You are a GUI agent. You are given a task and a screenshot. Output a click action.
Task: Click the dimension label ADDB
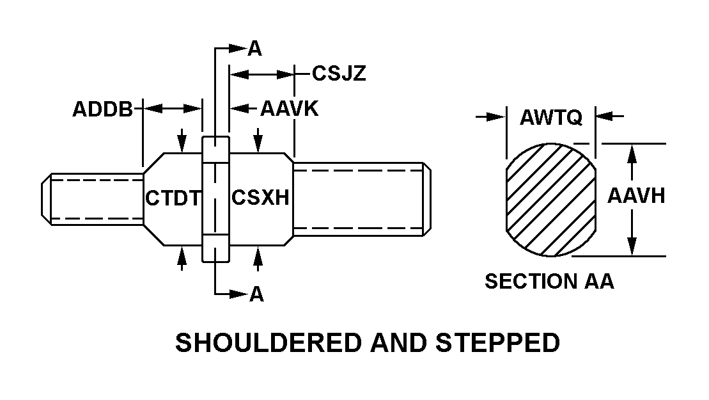coord(102,109)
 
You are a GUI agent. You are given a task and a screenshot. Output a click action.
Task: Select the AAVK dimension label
coord(289,109)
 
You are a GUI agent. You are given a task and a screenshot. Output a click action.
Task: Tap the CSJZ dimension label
coord(339,74)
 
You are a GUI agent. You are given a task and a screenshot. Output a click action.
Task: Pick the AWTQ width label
coord(550,117)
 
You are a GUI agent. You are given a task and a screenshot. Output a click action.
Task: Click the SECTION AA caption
coord(549,282)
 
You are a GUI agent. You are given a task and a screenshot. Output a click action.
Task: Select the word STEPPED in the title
coord(498,343)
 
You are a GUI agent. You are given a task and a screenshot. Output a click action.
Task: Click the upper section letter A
coord(255,49)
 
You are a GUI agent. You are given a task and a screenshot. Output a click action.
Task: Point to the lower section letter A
coord(256,294)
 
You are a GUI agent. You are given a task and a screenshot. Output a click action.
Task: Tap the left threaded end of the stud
coord(93,198)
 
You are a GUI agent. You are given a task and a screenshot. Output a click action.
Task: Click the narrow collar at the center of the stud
coord(215,198)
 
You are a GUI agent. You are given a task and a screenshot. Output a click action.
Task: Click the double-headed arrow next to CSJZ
coord(262,74)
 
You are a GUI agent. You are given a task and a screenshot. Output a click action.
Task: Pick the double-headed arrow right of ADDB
coord(172,109)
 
